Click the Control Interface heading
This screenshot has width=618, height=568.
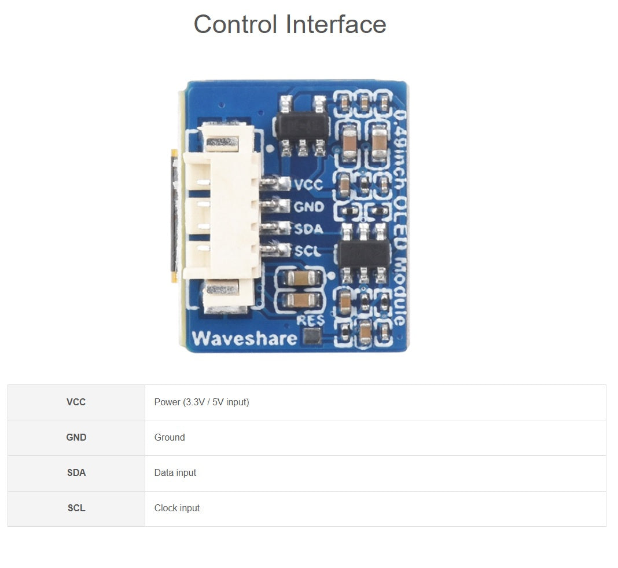point(289,24)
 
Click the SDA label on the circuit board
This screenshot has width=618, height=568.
point(308,229)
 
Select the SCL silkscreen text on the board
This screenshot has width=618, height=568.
point(307,251)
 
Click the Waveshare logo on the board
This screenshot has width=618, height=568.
point(244,338)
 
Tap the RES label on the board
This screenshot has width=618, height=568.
point(311,319)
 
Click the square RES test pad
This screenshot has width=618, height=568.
point(312,336)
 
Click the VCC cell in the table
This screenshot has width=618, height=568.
point(76,402)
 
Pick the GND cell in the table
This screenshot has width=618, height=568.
point(76,438)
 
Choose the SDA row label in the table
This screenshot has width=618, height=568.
point(76,473)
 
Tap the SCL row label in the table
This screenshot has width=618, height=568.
point(76,508)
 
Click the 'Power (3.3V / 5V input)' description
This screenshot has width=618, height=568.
point(201,402)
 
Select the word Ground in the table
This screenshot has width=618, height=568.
point(170,438)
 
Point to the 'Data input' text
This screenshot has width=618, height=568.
point(175,473)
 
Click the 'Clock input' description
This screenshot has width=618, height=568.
point(176,508)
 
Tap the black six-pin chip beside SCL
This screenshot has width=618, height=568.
point(364,254)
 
